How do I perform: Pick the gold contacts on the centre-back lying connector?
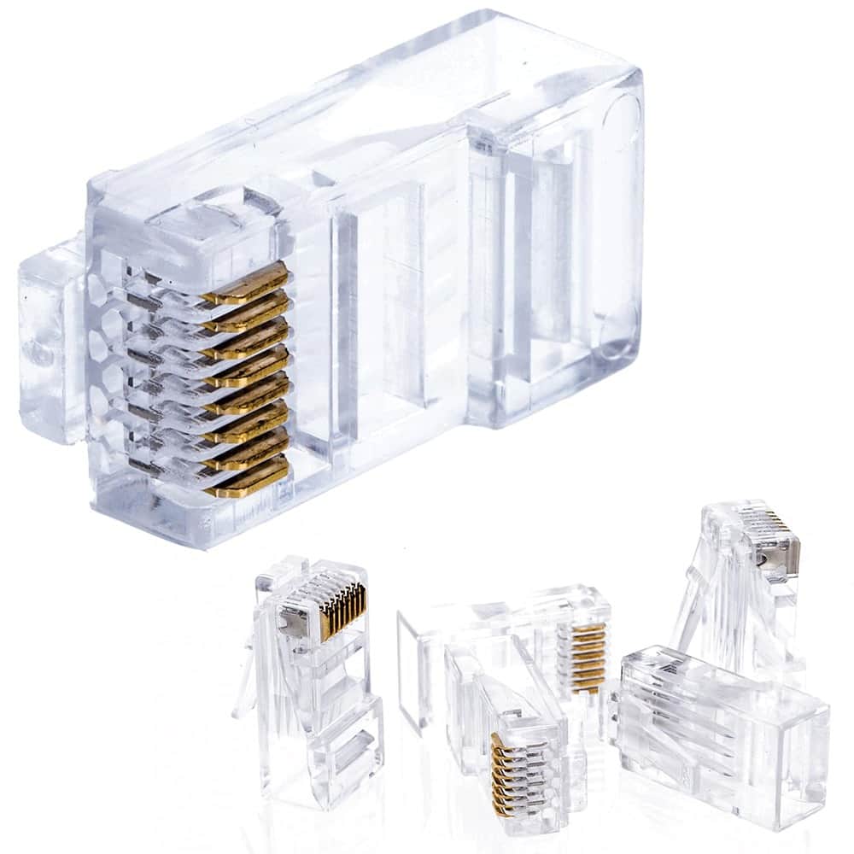click(582, 653)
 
